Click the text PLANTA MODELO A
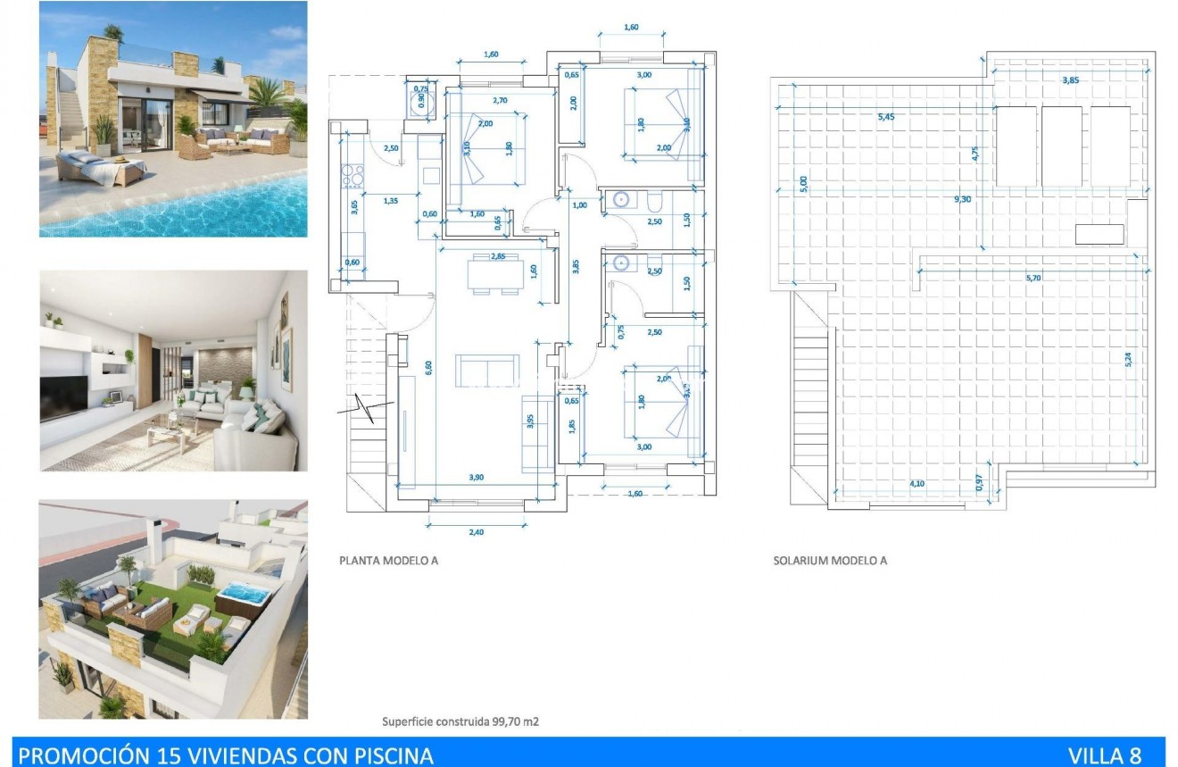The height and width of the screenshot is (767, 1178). point(388,562)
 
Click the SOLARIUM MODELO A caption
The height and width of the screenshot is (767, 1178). point(830,562)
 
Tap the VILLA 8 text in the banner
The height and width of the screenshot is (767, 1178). point(1110,755)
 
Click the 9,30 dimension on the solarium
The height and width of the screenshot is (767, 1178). point(962,199)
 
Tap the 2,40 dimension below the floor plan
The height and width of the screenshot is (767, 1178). point(476,532)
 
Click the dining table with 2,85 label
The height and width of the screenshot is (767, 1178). point(487,274)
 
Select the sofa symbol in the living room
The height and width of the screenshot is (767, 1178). point(487,370)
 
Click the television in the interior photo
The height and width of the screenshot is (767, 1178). point(64,396)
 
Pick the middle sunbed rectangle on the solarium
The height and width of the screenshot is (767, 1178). point(1062,146)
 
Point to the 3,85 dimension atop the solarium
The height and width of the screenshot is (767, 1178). point(1071,80)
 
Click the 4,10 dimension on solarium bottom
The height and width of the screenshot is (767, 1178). point(917,483)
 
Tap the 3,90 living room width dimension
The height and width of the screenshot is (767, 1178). point(476,478)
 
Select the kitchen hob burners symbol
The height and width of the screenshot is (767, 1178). point(353,172)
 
